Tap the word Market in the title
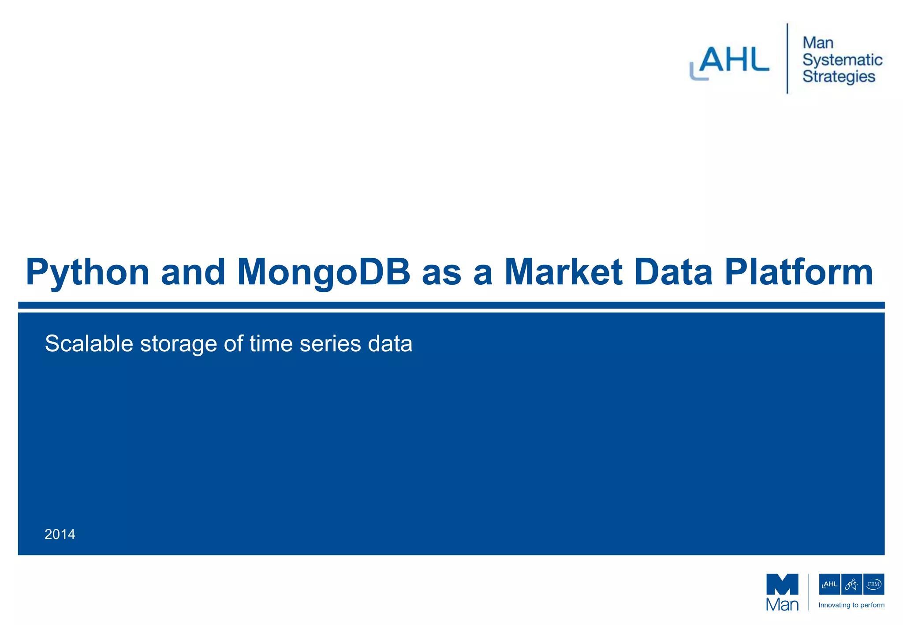[x=563, y=272]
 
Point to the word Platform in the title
[x=799, y=272]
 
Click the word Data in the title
[x=673, y=272]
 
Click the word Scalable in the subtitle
[x=89, y=343]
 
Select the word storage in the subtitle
[x=178, y=344]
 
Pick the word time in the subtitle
[x=271, y=343]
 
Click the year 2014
[x=60, y=534]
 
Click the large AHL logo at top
[x=730, y=62]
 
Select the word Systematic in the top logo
[x=842, y=60]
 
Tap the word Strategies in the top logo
[x=839, y=77]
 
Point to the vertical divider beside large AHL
[x=787, y=58]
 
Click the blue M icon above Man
[x=782, y=584]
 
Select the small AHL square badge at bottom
[x=829, y=584]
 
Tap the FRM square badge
[x=873, y=584]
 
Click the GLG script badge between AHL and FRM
[x=851, y=584]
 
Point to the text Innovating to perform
[x=851, y=605]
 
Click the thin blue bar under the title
[x=451, y=305]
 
